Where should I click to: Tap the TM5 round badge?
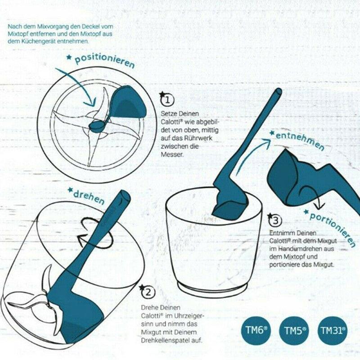295,330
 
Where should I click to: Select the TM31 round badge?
333,330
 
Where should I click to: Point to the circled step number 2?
148,292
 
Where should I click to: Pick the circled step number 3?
276,220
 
